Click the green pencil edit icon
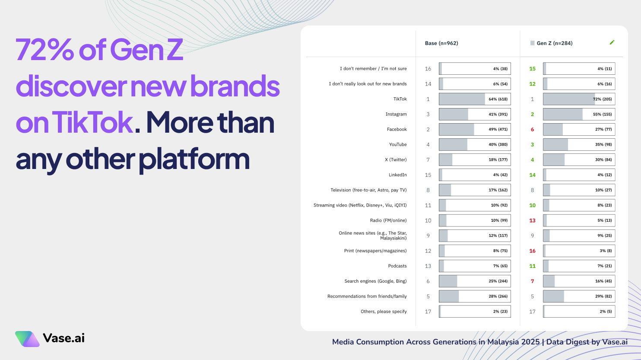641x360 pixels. pos(612,42)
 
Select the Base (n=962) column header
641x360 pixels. pos(441,43)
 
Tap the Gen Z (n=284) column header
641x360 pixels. pos(554,43)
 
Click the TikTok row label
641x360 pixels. pos(400,99)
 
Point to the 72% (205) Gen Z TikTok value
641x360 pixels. pos(602,99)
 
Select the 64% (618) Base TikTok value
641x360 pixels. pos(498,99)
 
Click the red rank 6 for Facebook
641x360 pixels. pos(532,130)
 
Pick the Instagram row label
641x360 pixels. pos(396,114)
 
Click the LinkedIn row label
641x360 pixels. pos(397,175)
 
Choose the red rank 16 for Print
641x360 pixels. pos(532,251)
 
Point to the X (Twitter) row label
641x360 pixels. pos(396,160)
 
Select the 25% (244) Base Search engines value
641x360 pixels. pos(498,281)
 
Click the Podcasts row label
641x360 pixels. pos(397,266)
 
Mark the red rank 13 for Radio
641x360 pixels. pos(532,220)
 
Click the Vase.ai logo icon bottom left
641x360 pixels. pos(27,339)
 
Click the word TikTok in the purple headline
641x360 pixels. pos(92,123)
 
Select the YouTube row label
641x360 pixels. pos(398,145)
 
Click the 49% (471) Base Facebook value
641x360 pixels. pos(498,130)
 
